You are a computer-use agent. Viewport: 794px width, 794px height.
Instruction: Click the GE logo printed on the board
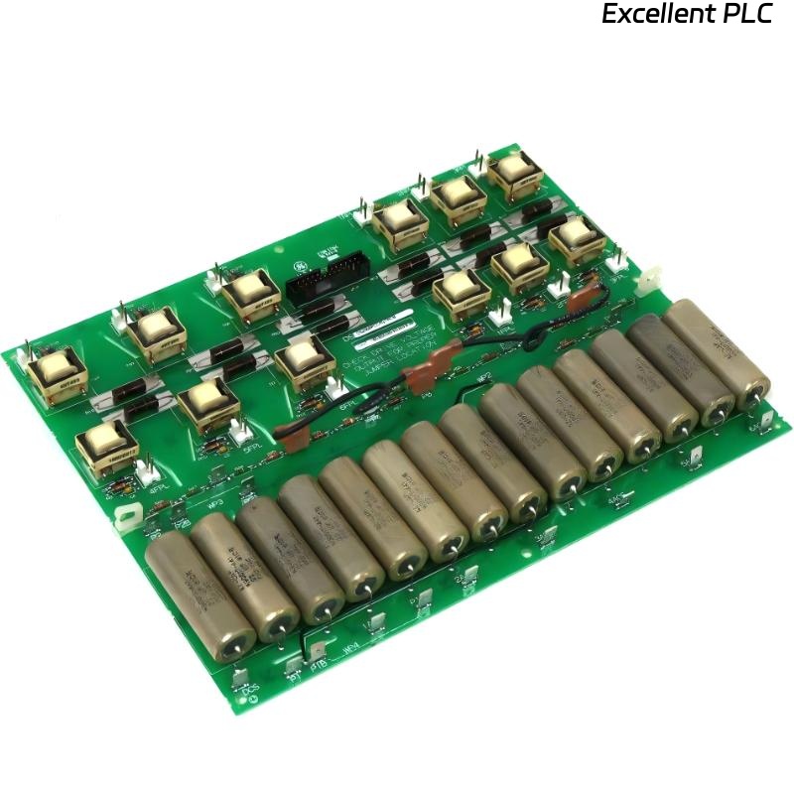[x=295, y=267]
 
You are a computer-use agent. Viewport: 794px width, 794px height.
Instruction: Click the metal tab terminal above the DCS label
[x=241, y=675]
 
